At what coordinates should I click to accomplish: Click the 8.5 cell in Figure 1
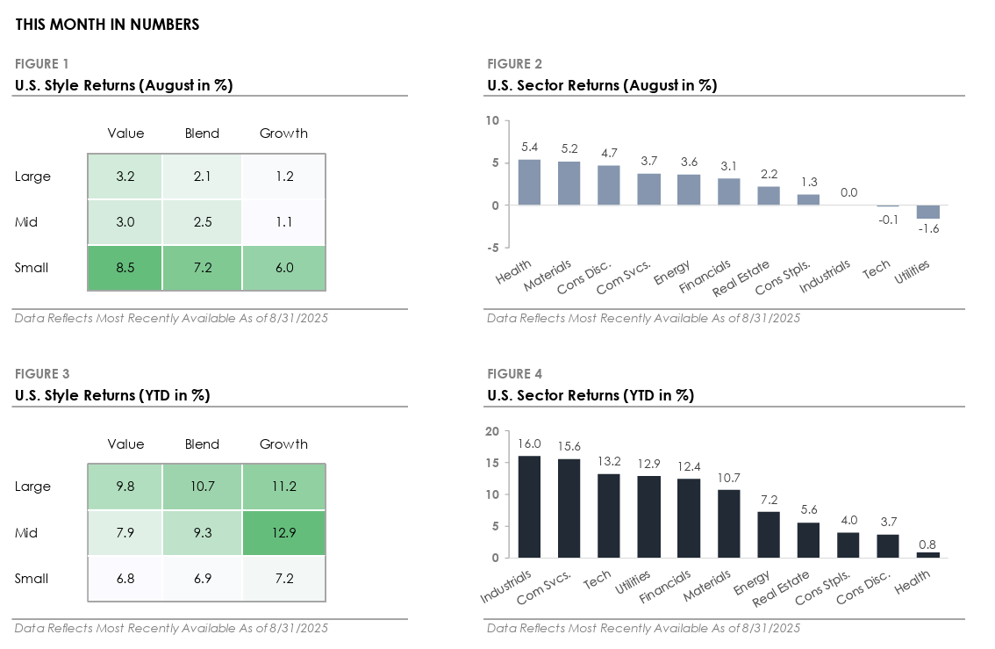tap(125, 267)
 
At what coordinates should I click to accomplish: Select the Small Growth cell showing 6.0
tap(283, 267)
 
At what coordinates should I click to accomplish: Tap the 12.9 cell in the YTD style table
tap(283, 532)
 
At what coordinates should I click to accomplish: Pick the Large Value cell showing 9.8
tap(125, 487)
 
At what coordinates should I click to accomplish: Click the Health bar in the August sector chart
tap(529, 182)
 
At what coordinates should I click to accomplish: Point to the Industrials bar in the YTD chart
tap(529, 507)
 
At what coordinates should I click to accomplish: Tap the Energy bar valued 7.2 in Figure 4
tap(768, 534)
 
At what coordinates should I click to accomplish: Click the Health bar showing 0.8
tap(927, 554)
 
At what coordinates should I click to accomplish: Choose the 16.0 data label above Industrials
tap(529, 445)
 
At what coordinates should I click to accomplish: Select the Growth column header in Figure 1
tap(283, 133)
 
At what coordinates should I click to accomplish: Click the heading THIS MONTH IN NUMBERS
tap(107, 25)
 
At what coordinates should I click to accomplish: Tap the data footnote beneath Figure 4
tap(643, 628)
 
